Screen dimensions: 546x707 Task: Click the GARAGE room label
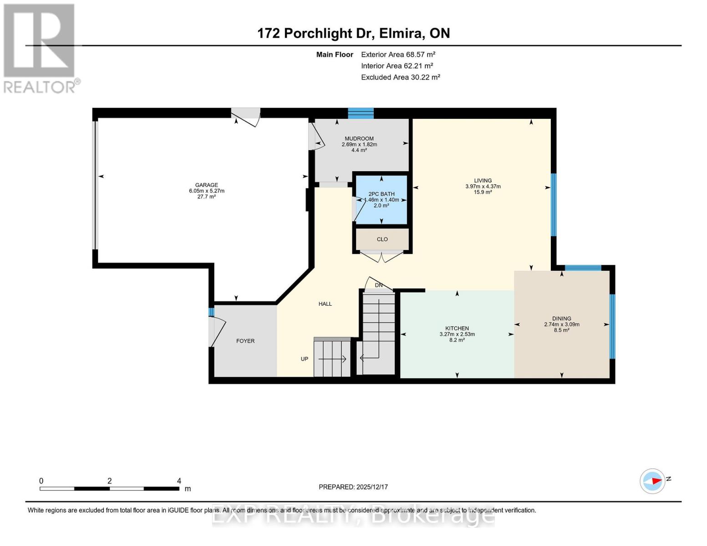206,185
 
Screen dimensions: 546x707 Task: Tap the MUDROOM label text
359,139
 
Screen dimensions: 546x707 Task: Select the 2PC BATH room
381,200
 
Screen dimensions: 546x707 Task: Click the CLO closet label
382,239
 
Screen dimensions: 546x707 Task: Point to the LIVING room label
483,181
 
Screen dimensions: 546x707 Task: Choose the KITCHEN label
457,329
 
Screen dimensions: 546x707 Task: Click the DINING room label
561,319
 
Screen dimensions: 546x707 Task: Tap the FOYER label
245,341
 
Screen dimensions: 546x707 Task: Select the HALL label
325,304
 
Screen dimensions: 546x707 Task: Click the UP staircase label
305,359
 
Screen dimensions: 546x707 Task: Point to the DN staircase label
378,285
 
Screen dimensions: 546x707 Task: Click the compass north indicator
653,481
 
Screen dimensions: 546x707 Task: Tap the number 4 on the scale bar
179,481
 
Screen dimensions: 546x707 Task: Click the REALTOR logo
40,48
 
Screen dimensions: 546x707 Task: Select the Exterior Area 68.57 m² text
398,55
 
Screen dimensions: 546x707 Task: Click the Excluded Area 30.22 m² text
400,77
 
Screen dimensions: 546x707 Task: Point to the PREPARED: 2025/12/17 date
353,487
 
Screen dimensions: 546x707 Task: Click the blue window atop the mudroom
361,113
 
